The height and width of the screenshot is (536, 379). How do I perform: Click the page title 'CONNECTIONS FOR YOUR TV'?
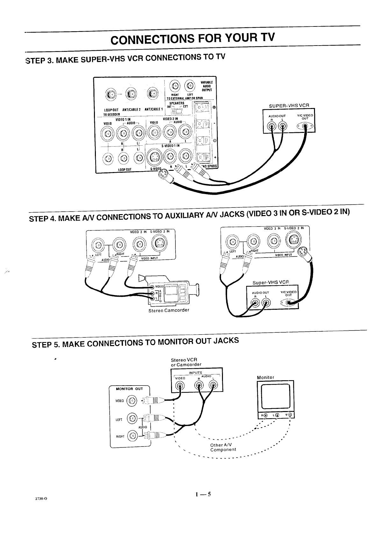192,40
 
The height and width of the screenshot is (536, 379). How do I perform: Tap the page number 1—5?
204,495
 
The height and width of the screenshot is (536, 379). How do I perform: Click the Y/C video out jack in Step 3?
305,127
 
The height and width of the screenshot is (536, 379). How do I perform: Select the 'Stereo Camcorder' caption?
169,310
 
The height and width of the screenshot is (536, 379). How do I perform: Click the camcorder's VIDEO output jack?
153,286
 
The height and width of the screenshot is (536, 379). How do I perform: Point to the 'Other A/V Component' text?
223,447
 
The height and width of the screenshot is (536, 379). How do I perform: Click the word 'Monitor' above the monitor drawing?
266,378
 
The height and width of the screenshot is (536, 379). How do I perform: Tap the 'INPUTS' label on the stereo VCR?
196,372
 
